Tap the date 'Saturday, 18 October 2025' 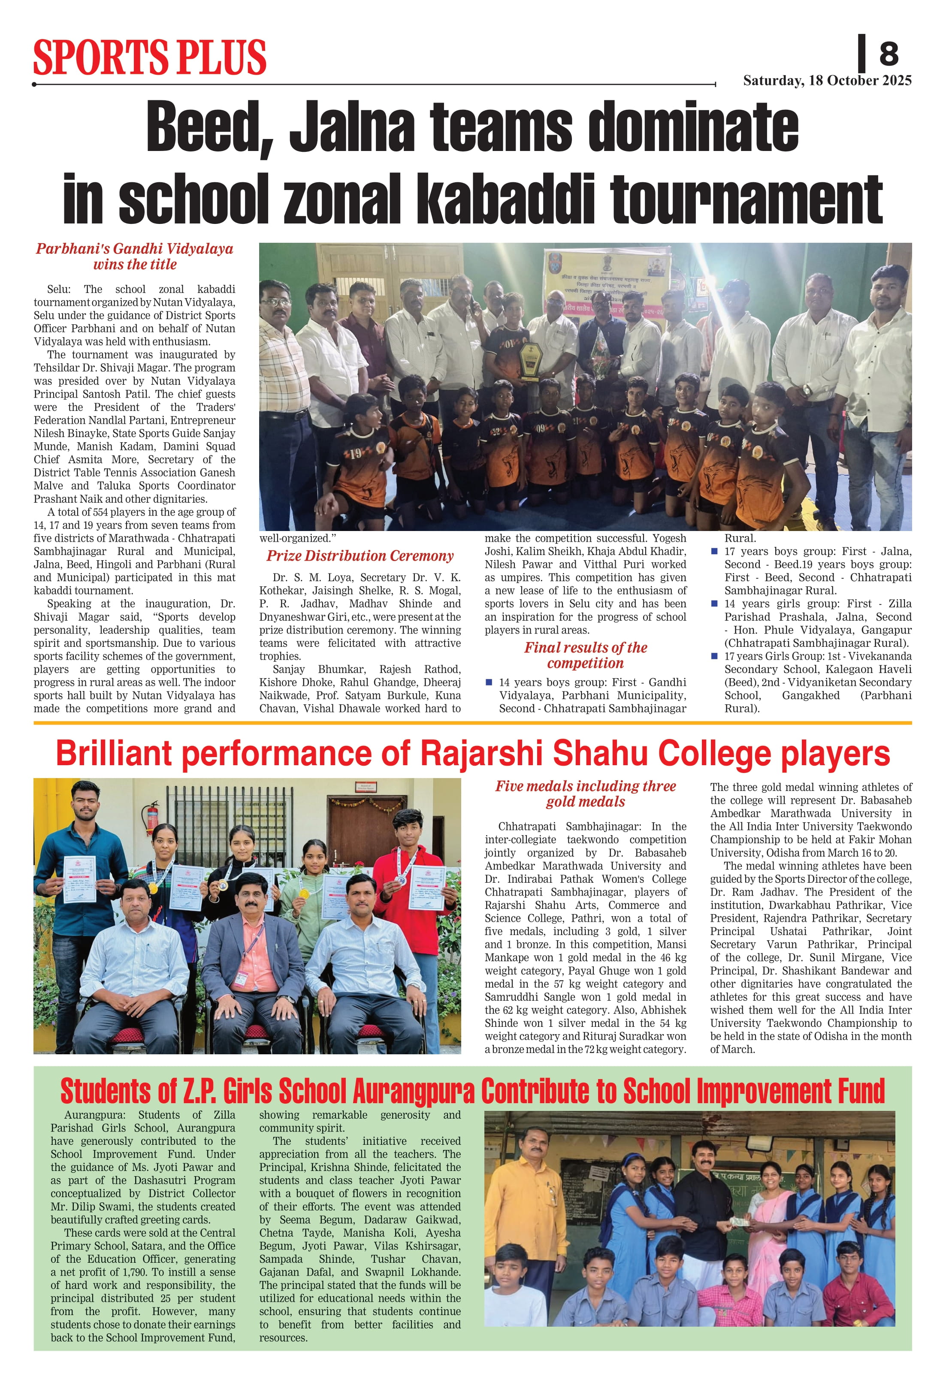[x=827, y=81]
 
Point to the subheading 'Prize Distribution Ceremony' [x=360, y=556]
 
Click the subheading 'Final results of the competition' [x=585, y=655]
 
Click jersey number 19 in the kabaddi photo [x=355, y=453]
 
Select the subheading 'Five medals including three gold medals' [x=585, y=794]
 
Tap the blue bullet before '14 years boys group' [x=489, y=682]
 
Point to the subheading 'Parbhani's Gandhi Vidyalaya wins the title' [x=135, y=256]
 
